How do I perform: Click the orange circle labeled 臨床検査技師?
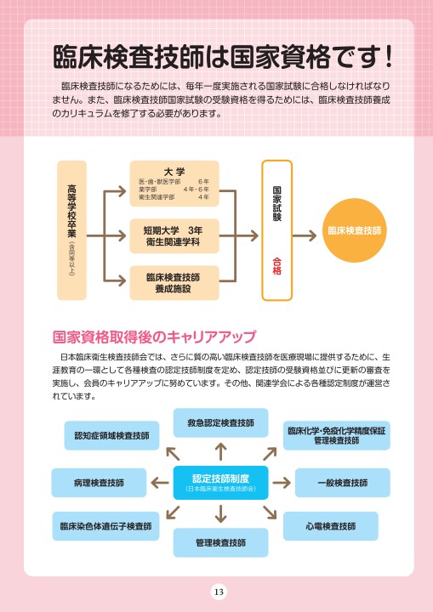coord(354,230)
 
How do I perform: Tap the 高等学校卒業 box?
coord(72,230)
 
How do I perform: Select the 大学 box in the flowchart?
coord(174,184)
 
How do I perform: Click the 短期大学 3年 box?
coord(174,236)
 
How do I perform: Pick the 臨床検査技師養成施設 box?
coord(174,283)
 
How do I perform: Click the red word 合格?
coord(276,266)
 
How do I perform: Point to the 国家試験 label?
coord(276,204)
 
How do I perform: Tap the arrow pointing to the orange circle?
coord(305,235)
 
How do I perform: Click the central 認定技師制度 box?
coord(221,483)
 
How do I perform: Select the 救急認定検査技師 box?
coord(221,422)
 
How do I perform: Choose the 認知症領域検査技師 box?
coord(111,435)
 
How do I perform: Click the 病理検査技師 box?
coord(99,483)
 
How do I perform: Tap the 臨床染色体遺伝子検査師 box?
coord(105,526)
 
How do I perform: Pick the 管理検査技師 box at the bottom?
coord(221,542)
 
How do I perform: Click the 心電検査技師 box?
coord(331,526)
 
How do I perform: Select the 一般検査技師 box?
coord(343,483)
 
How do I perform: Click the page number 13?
coord(219,592)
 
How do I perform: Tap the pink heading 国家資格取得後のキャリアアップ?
coord(154,337)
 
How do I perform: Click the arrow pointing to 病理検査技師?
coord(160,483)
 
